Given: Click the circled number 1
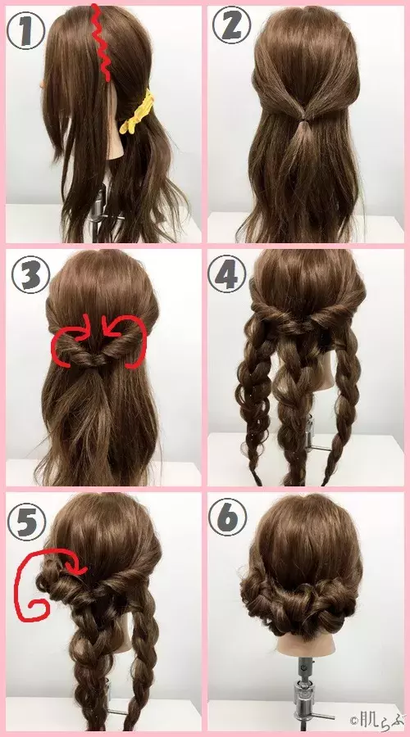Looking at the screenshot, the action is click(26, 29).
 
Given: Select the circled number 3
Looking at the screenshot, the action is click(30, 274).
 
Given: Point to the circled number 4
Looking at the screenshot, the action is click(227, 274).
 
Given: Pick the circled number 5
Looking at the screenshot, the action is click(26, 521).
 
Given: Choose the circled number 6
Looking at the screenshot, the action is click(227, 517).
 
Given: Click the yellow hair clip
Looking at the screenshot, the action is click(137, 112).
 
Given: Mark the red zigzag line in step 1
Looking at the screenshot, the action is click(101, 43).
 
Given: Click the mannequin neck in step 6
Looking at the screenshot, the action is click(305, 641).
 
